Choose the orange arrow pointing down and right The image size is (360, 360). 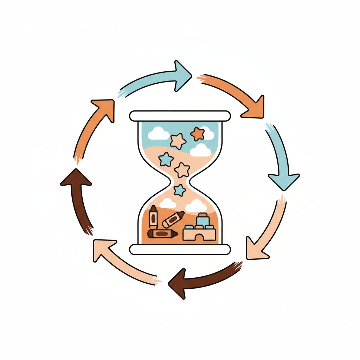coord(236,91)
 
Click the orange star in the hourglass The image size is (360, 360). coord(197,134)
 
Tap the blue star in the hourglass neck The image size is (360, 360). coord(180,190)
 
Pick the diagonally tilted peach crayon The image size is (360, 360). coord(173,219)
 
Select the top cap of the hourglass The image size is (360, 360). coord(180,116)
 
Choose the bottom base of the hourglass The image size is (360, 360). coord(180,249)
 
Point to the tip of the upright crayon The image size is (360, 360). coord(153,208)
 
